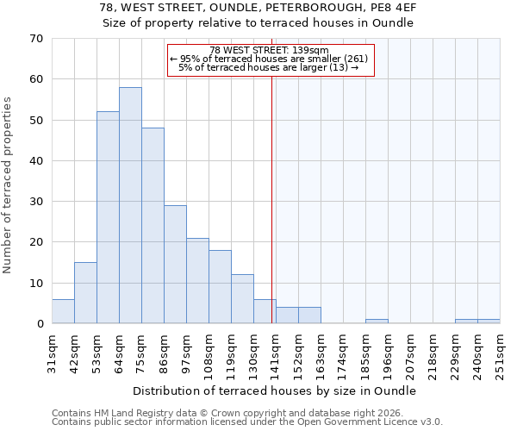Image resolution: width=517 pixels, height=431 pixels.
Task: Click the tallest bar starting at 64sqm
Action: pos(130,205)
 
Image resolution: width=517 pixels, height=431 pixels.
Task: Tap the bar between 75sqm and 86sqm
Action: pos(153,226)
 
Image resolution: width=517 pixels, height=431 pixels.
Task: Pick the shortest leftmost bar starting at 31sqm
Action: pos(63,311)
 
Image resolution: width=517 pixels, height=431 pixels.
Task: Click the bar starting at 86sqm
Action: pos(175,265)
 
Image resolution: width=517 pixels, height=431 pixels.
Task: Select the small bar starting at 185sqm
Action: pos(377,322)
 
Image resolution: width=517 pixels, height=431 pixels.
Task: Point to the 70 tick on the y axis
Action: pos(35,39)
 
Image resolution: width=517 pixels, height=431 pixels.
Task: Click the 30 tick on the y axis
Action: pos(35,202)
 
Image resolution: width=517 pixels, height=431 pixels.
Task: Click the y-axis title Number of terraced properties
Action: pos(8,185)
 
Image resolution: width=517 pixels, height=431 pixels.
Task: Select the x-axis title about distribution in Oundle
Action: pos(275,390)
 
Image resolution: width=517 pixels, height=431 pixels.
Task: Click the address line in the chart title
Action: pos(258,8)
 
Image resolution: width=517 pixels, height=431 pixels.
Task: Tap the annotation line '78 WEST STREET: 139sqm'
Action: pos(269,50)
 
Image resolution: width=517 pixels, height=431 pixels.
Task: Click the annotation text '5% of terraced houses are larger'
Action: pos(268,67)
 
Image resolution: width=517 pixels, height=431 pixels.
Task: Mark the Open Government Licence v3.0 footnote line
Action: pos(247,422)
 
